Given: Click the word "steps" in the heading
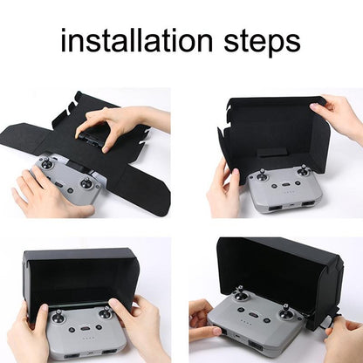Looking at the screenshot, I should point(259,42).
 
